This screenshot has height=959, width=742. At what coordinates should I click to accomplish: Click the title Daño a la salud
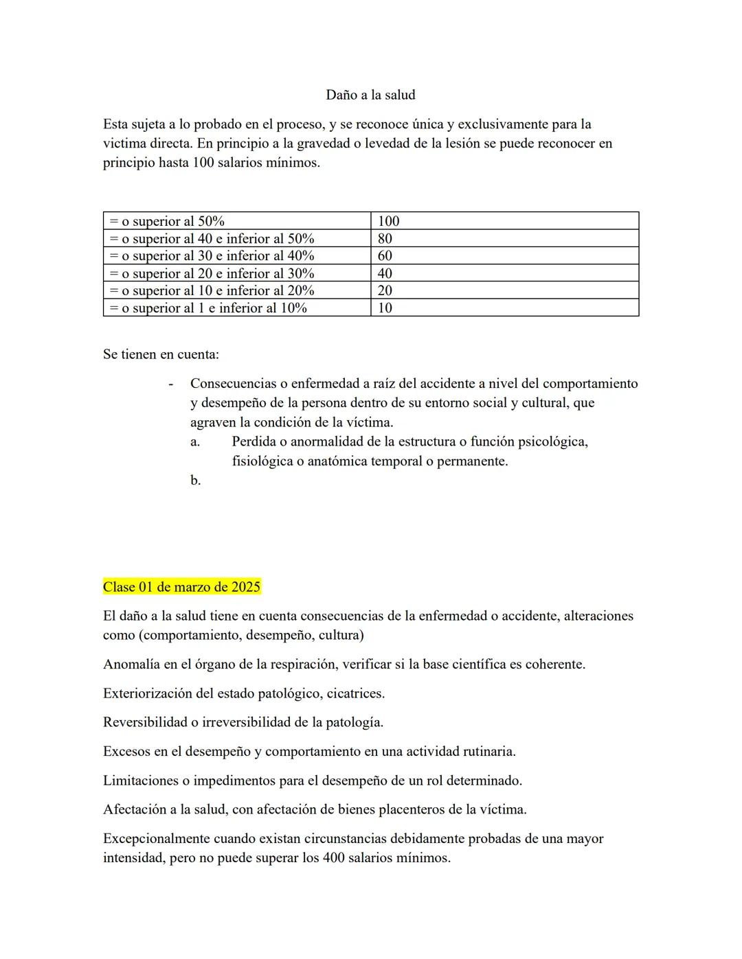(x=370, y=95)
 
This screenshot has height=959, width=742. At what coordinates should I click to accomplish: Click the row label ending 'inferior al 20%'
(x=212, y=290)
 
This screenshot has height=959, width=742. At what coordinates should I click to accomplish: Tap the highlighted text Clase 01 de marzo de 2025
(x=181, y=587)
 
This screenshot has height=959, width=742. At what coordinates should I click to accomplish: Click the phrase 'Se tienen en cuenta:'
(x=161, y=354)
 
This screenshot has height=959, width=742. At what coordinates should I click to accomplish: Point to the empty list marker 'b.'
(x=196, y=481)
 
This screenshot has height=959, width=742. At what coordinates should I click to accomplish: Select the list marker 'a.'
(x=195, y=442)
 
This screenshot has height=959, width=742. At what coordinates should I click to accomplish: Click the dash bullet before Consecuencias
(x=170, y=384)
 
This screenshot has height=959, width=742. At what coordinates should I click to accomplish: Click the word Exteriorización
(x=148, y=693)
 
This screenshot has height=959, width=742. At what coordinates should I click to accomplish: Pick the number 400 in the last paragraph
(x=333, y=858)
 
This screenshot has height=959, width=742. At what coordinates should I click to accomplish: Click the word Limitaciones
(x=141, y=781)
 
